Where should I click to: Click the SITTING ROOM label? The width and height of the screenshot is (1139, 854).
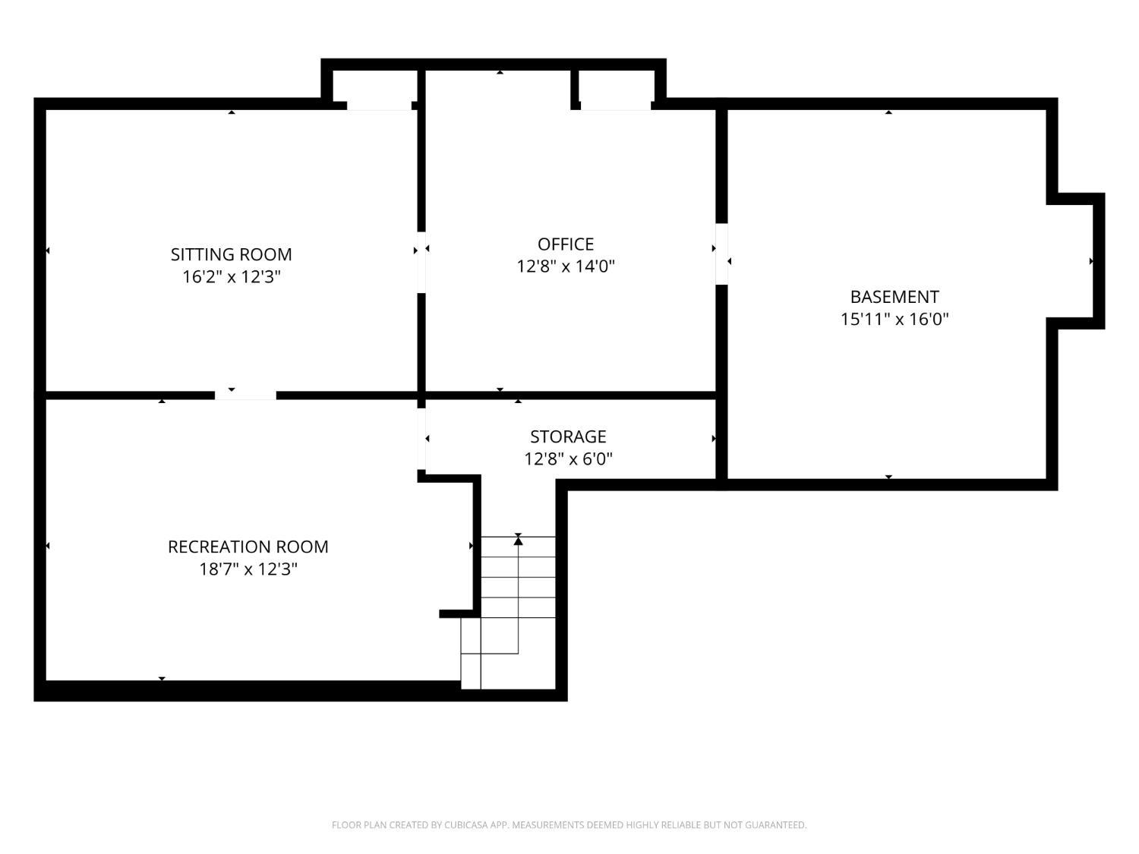pyautogui.click(x=231, y=254)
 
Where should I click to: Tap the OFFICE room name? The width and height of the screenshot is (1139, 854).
pyautogui.click(x=565, y=244)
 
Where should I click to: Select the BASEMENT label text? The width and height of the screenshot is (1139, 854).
pyautogui.click(x=894, y=297)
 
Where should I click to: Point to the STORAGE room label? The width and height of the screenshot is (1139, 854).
pyautogui.click(x=568, y=437)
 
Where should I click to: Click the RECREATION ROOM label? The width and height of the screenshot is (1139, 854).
pyautogui.click(x=248, y=547)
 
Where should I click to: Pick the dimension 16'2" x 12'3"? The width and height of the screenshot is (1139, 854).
pyautogui.click(x=231, y=277)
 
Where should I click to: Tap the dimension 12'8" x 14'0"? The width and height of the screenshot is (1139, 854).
pyautogui.click(x=565, y=266)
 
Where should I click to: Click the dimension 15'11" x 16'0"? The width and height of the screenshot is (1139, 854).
pyautogui.click(x=894, y=319)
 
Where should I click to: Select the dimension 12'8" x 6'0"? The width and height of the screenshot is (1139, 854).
pyautogui.click(x=568, y=459)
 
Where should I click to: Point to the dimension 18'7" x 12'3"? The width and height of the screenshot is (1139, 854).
pyautogui.click(x=248, y=569)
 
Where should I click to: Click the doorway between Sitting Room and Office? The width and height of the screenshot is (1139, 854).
pyautogui.click(x=421, y=263)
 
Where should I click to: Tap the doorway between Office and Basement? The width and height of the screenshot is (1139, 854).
pyautogui.click(x=721, y=254)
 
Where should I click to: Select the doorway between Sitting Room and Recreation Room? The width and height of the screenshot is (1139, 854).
pyautogui.click(x=245, y=395)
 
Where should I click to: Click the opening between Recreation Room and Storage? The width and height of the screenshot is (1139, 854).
pyautogui.click(x=421, y=440)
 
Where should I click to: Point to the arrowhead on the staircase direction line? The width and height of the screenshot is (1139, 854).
pyautogui.click(x=518, y=541)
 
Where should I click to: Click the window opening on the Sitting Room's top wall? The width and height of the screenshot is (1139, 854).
pyautogui.click(x=380, y=106)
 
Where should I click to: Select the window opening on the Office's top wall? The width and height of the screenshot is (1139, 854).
pyautogui.click(x=615, y=106)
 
